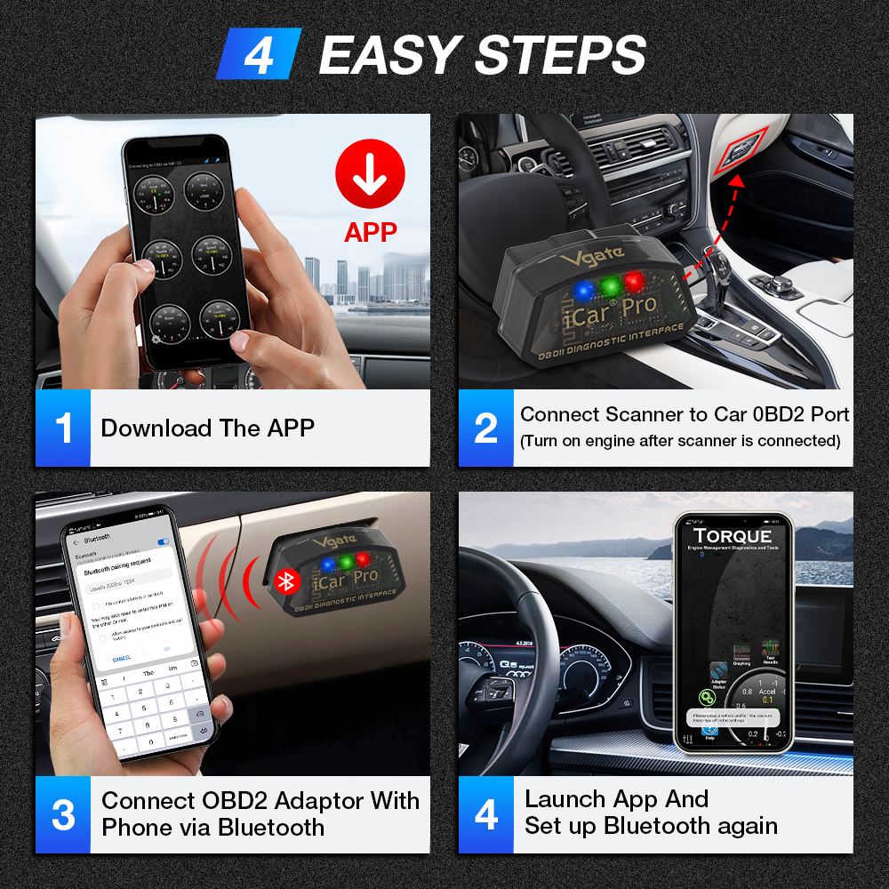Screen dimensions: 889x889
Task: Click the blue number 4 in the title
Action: click(x=259, y=54)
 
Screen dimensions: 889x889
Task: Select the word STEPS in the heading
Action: click(x=560, y=55)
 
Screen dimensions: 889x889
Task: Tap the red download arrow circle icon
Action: click(x=370, y=173)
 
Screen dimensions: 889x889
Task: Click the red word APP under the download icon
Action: click(x=370, y=233)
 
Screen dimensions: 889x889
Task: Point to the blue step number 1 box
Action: click(x=63, y=428)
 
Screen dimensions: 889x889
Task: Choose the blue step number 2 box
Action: click(x=485, y=428)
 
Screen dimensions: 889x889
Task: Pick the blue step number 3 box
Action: click(x=63, y=814)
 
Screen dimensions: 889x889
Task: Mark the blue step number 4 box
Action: click(x=485, y=814)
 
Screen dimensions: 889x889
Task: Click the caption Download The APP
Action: click(x=207, y=428)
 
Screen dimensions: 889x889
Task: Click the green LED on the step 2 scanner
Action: click(x=608, y=285)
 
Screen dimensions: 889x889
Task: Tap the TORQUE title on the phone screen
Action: click(x=733, y=536)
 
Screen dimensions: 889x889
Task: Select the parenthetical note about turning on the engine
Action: click(x=680, y=441)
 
